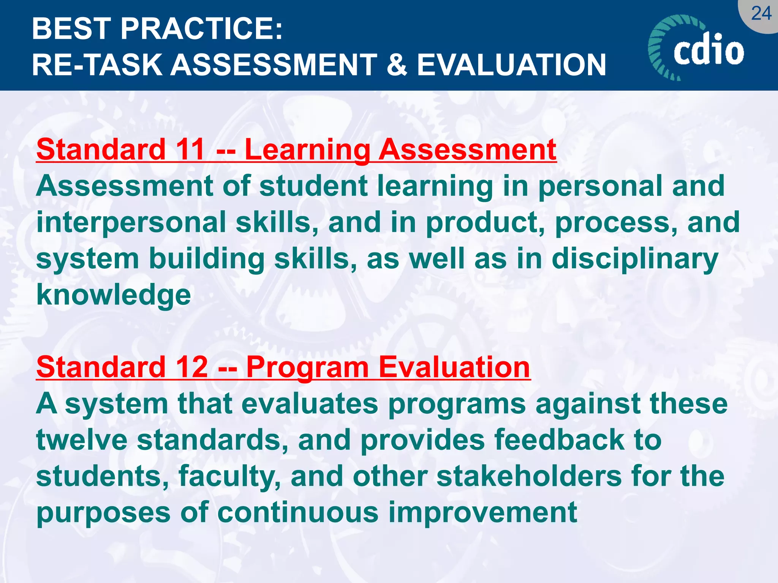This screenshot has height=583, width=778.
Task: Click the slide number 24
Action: [x=761, y=14]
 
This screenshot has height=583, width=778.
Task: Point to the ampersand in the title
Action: [x=397, y=65]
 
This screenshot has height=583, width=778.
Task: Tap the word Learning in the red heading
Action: [x=307, y=150]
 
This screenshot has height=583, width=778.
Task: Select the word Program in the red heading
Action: [x=307, y=367]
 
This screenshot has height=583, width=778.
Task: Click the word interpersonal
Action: [x=131, y=222]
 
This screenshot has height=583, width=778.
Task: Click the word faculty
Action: [x=229, y=477]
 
